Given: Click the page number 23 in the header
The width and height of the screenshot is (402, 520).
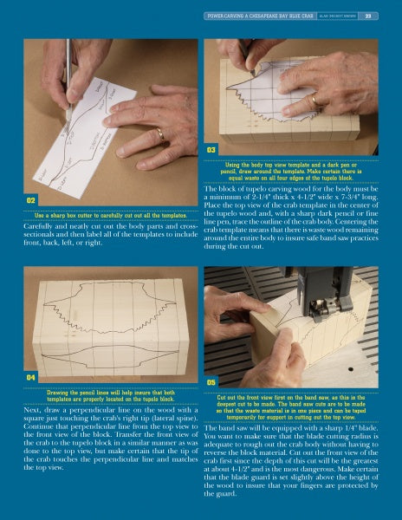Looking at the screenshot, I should tap(367, 16).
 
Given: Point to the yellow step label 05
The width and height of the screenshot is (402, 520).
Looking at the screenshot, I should tap(211, 380).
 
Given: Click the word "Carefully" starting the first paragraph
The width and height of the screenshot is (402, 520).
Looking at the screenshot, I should tap(37, 227).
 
